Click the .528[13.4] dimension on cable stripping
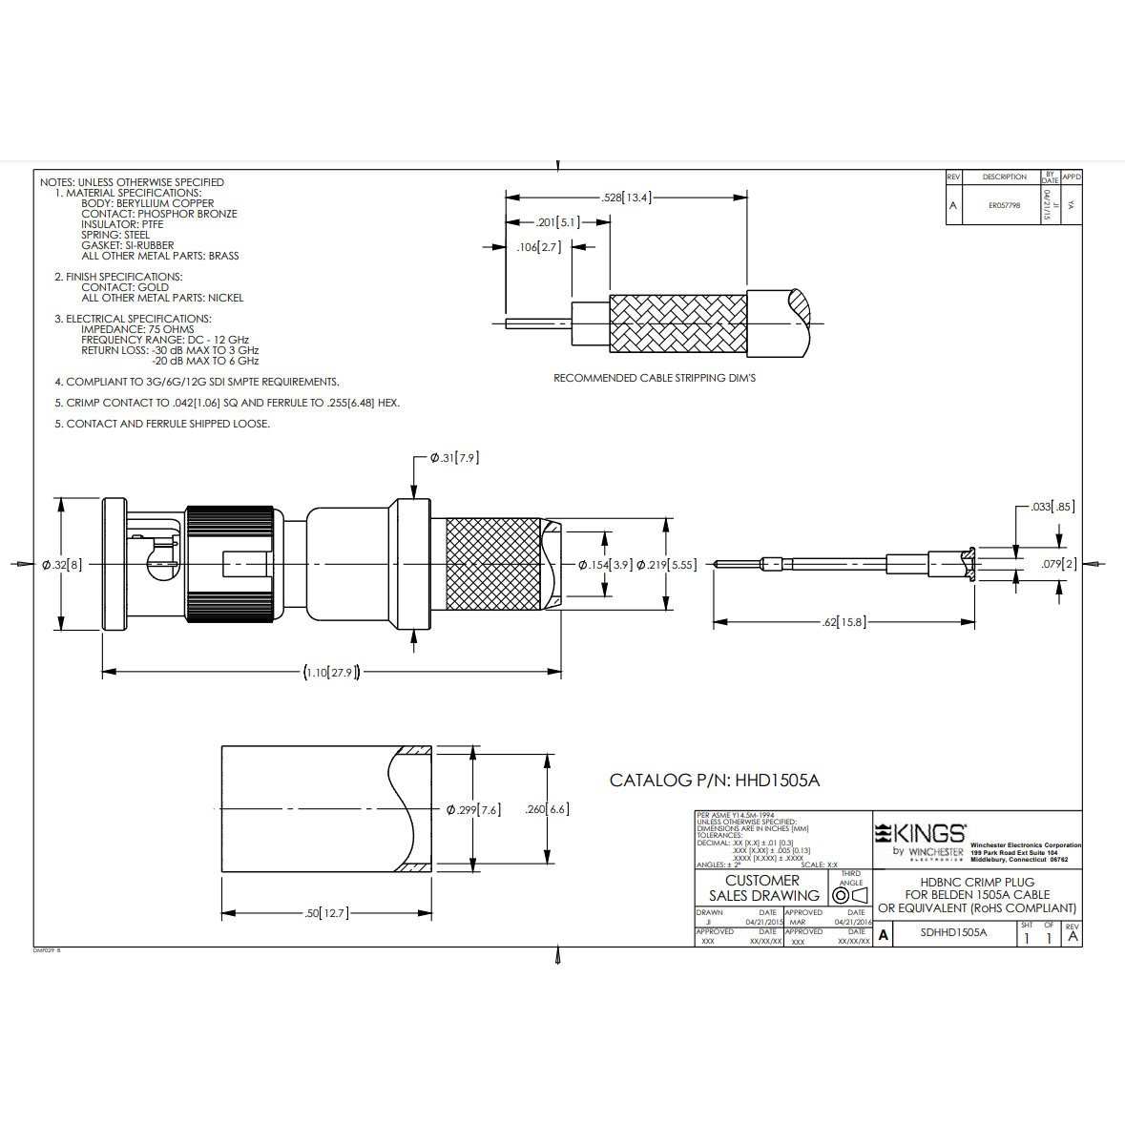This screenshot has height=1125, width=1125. tap(626, 198)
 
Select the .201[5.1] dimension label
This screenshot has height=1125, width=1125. tap(557, 222)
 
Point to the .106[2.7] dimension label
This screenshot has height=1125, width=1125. tap(539, 247)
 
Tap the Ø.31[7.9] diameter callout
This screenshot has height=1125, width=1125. tap(454, 458)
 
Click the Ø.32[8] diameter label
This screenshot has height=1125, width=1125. tap(62, 565)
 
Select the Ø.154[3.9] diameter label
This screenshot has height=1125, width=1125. tap(605, 565)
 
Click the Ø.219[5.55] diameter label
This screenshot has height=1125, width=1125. tap(666, 565)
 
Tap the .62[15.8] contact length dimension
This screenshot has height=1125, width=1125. tap(844, 622)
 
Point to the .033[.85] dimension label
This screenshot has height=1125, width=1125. tap(1052, 507)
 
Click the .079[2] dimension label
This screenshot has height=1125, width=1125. tap(1058, 564)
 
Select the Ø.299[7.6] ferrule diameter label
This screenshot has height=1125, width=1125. tap(473, 809)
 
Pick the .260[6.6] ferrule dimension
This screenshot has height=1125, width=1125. tap(547, 809)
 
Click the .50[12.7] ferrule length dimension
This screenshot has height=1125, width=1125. tap(326, 913)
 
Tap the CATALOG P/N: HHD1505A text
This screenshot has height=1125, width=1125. tap(714, 781)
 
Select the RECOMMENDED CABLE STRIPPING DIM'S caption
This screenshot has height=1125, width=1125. tap(655, 379)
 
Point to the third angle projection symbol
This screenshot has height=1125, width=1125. tap(849, 895)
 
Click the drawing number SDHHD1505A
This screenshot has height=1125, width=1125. tap(953, 932)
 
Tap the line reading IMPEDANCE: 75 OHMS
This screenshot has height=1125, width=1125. tap(137, 329)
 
